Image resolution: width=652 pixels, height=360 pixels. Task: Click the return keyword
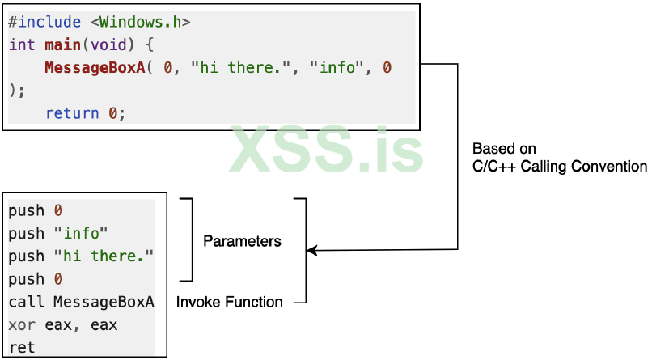pos(72,113)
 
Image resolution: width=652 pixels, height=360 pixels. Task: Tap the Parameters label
pos(242,241)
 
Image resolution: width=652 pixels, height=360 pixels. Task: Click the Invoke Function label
pos(230,302)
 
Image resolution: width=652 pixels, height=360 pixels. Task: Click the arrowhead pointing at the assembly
pos(312,252)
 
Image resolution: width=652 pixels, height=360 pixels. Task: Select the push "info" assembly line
pos(58,234)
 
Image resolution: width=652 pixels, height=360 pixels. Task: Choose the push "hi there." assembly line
pos(81,256)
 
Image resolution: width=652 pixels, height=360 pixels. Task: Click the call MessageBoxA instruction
pos(81,303)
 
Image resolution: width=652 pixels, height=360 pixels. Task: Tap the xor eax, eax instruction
pos(63,325)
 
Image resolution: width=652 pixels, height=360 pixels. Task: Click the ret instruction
pos(22,348)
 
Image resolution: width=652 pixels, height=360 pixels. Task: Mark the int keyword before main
pos(22,44)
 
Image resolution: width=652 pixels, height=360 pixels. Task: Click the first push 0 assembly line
pos(36,211)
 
